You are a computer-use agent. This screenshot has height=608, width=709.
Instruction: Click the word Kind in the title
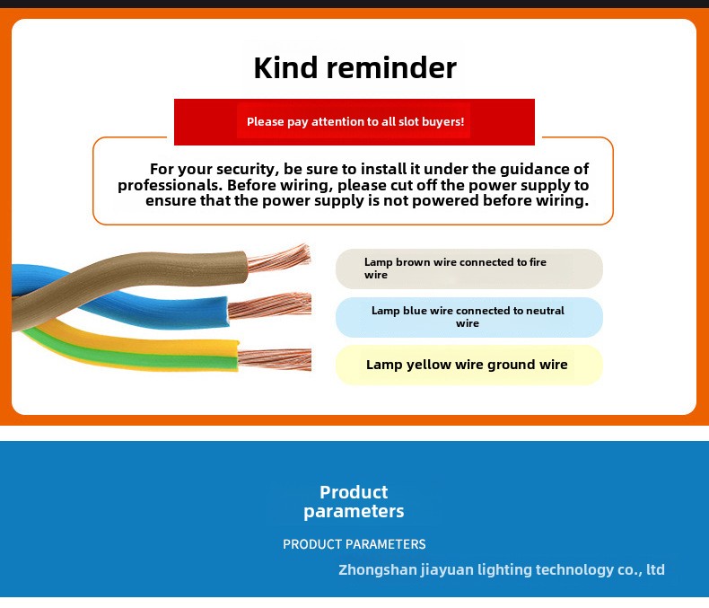285,68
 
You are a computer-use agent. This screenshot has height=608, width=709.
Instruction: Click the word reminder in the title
391,68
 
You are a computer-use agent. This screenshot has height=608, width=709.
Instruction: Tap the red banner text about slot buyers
355,122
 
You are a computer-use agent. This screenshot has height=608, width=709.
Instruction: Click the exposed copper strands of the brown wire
279,259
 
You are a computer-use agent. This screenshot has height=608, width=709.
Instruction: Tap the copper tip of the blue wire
270,305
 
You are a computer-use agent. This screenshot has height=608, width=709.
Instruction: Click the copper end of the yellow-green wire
275,359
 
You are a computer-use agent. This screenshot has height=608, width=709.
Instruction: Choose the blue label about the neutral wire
468,317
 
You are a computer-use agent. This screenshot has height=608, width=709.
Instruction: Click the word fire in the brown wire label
538,262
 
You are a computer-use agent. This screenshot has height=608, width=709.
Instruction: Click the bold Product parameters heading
354,502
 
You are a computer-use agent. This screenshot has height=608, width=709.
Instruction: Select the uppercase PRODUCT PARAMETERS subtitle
354,543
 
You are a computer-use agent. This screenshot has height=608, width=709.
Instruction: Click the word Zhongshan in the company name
378,569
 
